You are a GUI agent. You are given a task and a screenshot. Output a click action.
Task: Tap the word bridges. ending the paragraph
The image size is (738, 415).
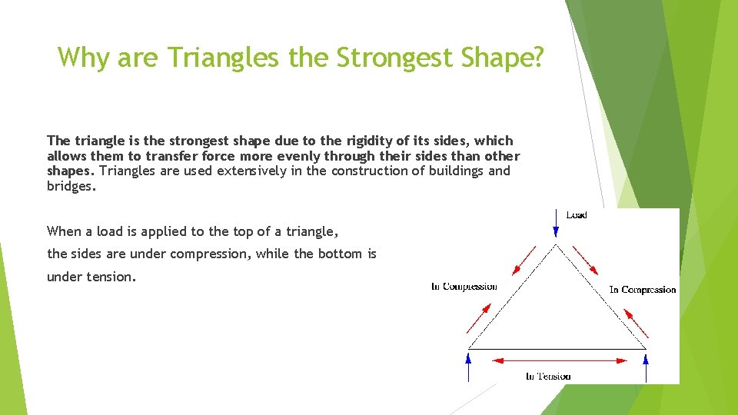(x=72, y=185)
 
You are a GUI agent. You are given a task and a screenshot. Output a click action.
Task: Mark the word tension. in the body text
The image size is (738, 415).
(x=91, y=277)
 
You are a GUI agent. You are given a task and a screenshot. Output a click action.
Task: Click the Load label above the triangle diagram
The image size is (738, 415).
(x=577, y=215)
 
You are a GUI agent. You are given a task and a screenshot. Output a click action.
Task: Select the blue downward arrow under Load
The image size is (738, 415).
(x=556, y=224)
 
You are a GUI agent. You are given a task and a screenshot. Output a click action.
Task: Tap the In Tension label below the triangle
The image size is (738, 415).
(x=548, y=376)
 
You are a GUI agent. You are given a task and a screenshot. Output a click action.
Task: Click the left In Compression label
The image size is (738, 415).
(x=464, y=287)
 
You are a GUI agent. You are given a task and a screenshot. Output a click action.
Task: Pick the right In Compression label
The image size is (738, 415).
(x=643, y=290)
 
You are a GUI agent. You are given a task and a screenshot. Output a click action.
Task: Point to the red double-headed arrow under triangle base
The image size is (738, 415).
(x=557, y=360)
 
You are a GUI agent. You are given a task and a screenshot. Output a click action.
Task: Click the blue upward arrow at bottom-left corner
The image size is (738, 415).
(x=468, y=367)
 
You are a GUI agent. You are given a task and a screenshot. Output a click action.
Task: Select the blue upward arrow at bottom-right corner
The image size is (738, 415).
(x=646, y=367)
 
